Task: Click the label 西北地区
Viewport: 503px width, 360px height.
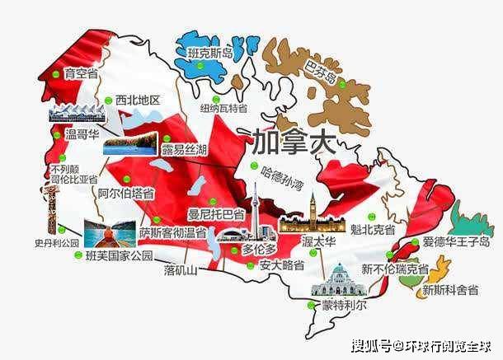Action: pyautogui.click(x=138, y=100)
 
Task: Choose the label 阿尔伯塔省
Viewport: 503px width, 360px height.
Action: pyautogui.click(x=125, y=194)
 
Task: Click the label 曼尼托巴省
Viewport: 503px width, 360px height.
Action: pyautogui.click(x=215, y=214)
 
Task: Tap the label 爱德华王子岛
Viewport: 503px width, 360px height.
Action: pyautogui.click(x=450, y=242)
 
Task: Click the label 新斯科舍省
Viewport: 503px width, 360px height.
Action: pyautogui.click(x=450, y=289)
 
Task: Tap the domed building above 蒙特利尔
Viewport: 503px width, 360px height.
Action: pyautogui.click(x=336, y=279)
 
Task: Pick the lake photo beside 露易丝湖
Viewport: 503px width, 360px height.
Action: pyautogui.click(x=129, y=144)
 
